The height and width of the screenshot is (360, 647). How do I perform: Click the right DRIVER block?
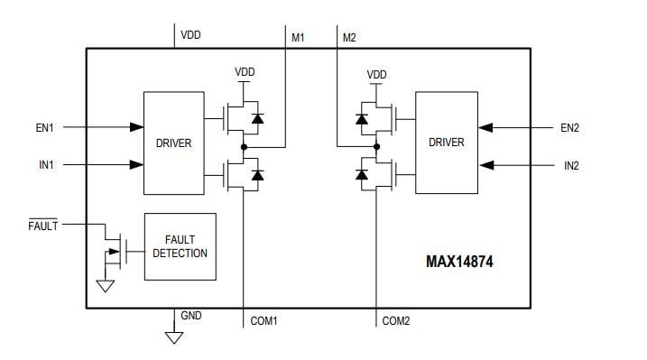(446, 142)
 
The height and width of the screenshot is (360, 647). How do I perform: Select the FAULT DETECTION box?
(180, 246)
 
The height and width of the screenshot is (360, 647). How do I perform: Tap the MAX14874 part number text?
(459, 263)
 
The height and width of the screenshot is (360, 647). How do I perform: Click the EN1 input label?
(45, 128)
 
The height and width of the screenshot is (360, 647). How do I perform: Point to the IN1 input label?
(45, 165)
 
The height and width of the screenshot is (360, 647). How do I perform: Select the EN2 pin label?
(569, 128)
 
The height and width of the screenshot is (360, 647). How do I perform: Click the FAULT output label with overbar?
(42, 226)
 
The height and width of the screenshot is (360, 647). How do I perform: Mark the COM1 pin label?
(264, 320)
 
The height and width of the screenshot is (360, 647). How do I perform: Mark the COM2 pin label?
(397, 320)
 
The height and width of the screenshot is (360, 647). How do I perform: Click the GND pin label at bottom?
(191, 317)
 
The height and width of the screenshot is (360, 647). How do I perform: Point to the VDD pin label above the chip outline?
(190, 35)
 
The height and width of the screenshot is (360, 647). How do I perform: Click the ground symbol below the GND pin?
(174, 337)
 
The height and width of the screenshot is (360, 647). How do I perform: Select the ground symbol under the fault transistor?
(106, 287)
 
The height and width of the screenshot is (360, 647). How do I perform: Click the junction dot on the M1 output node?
(244, 146)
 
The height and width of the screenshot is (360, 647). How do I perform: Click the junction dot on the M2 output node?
(376, 146)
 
